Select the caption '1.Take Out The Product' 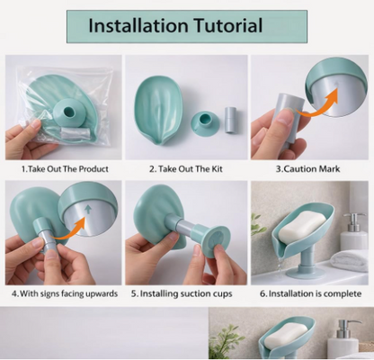pos(65,168)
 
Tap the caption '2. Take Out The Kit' pos(186,168)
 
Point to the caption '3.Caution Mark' pos(309,168)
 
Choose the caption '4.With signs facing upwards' pos(65,292)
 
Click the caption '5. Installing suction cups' pos(186,292)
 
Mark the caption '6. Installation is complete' pos(310,292)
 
